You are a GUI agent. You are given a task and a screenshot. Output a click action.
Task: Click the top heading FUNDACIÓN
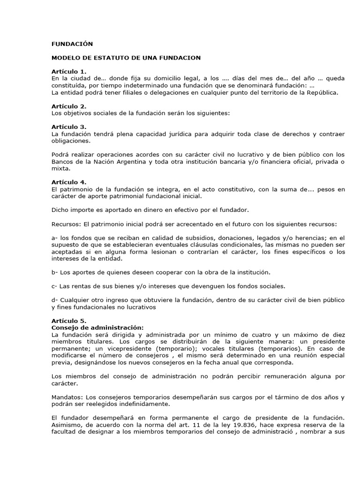tap(72, 44)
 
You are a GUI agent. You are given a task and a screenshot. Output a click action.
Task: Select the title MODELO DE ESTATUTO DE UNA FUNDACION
tap(126, 58)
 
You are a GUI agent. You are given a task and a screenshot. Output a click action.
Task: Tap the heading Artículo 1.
tap(69, 71)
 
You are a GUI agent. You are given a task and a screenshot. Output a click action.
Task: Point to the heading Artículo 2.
tap(69, 106)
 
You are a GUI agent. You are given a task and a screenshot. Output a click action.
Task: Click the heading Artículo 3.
tap(69, 127)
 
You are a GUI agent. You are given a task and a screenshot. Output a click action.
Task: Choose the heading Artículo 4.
tap(69, 182)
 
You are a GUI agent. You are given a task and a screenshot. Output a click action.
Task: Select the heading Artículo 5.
tap(69, 321)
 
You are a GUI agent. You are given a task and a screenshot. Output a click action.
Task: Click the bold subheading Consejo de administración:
tap(97, 327)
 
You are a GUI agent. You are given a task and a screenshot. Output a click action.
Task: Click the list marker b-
tap(55, 272)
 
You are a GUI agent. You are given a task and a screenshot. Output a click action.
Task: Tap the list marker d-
tap(55, 300)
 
